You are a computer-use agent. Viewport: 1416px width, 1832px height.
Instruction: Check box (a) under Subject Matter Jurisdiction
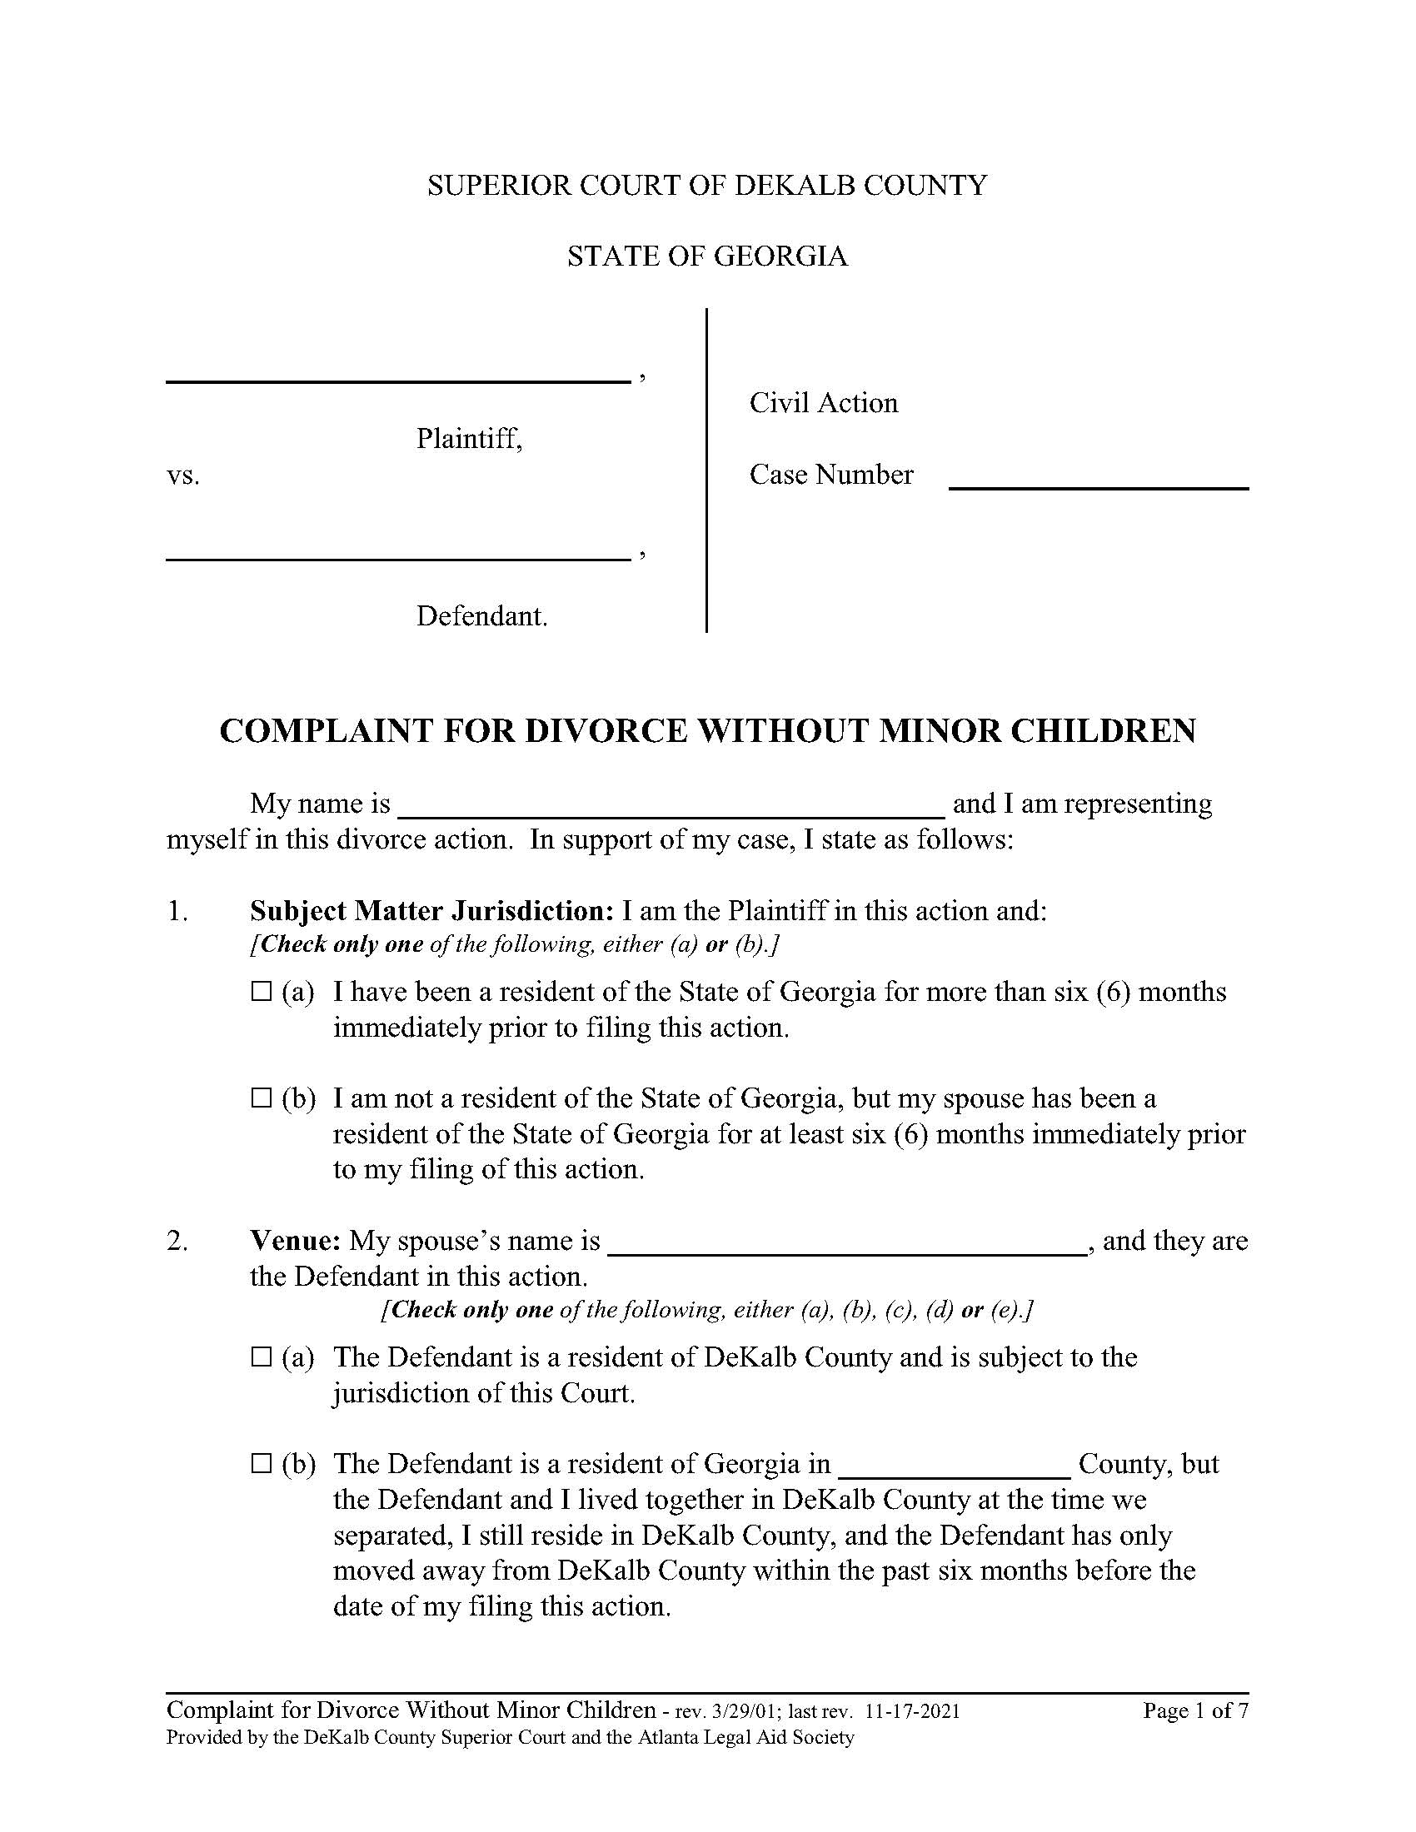(262, 993)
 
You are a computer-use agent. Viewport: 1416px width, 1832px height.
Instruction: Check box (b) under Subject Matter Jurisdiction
(262, 1098)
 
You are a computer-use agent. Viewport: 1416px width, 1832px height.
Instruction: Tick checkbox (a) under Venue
(262, 1357)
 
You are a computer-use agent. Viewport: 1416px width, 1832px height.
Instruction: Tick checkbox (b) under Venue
(262, 1465)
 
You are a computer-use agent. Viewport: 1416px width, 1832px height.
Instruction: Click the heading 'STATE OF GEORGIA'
(707, 256)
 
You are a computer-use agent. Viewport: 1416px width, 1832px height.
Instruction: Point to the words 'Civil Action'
(823, 404)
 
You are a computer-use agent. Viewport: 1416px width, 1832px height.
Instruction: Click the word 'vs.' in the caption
(183, 476)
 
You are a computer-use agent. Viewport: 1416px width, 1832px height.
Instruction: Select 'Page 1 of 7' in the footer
(1194, 1711)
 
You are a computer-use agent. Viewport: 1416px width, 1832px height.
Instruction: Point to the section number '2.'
(177, 1241)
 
